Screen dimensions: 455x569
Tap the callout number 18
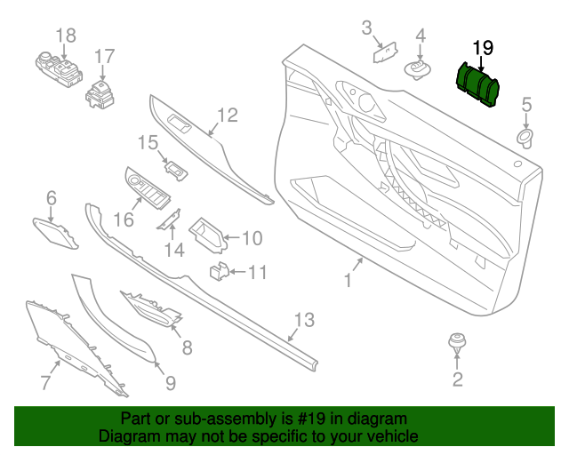tap(67, 36)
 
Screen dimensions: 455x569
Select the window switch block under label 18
tap(57, 68)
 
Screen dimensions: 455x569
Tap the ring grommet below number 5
tap(525, 136)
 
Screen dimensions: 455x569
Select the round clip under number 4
tap(418, 68)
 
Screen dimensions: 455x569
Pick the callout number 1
tap(348, 281)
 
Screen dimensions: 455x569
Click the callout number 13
tap(304, 319)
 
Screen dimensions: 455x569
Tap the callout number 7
tap(45, 383)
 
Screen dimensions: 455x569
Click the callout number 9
tap(170, 383)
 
